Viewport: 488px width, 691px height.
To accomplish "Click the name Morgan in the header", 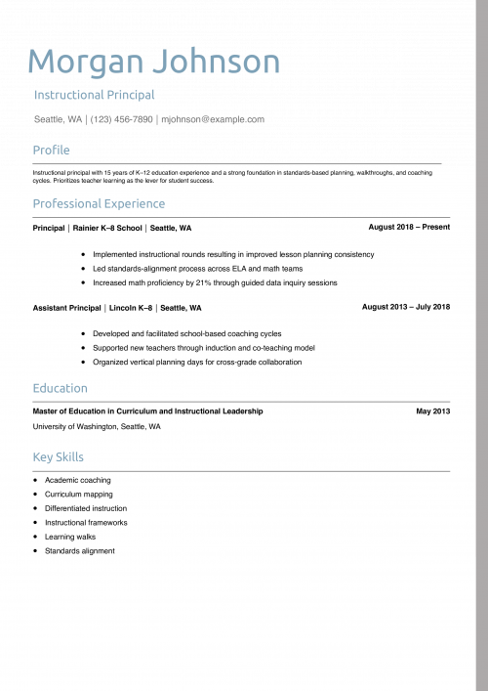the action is click(85, 62).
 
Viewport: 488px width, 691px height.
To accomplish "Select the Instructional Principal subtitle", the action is click(95, 96).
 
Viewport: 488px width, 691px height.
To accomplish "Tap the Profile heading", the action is click(52, 150).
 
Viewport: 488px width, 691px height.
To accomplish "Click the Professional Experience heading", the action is click(99, 204).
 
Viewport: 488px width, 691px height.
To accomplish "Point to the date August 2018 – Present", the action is click(409, 227).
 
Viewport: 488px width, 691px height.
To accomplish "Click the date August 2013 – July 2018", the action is click(406, 307).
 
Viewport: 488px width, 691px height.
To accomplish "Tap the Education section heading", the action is click(60, 389).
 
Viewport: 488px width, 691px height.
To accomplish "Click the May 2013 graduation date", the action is click(433, 411).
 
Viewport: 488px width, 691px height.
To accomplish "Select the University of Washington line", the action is click(97, 427).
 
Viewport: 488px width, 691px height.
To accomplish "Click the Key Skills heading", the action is click(59, 457).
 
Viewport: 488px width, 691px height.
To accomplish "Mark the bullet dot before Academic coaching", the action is click(35, 480).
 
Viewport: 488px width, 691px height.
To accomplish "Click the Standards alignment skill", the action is click(80, 551).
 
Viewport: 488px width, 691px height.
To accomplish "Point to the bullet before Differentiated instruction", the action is click(35, 508).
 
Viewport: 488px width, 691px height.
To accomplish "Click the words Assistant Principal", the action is click(66, 308).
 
